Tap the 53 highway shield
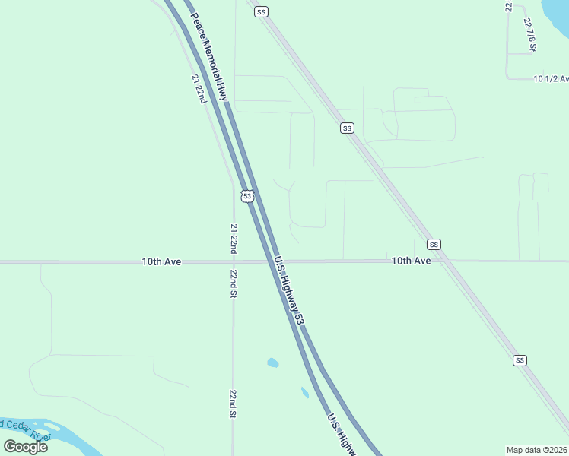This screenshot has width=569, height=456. [246, 196]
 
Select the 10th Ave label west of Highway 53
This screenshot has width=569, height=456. [161, 261]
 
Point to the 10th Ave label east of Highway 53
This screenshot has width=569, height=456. [412, 261]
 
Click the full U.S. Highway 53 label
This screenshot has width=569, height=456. [290, 290]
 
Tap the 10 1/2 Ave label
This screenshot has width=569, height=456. [552, 78]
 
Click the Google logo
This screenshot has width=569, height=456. [25, 446]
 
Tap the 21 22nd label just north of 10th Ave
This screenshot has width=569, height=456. [234, 239]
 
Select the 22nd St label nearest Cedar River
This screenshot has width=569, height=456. [233, 404]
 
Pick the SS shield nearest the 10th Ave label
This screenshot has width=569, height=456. [434, 244]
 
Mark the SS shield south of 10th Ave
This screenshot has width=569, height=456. [520, 359]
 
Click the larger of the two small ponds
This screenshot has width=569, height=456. [272, 363]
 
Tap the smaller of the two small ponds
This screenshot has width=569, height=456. [304, 392]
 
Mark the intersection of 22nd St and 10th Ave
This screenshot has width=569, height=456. [234, 262]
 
